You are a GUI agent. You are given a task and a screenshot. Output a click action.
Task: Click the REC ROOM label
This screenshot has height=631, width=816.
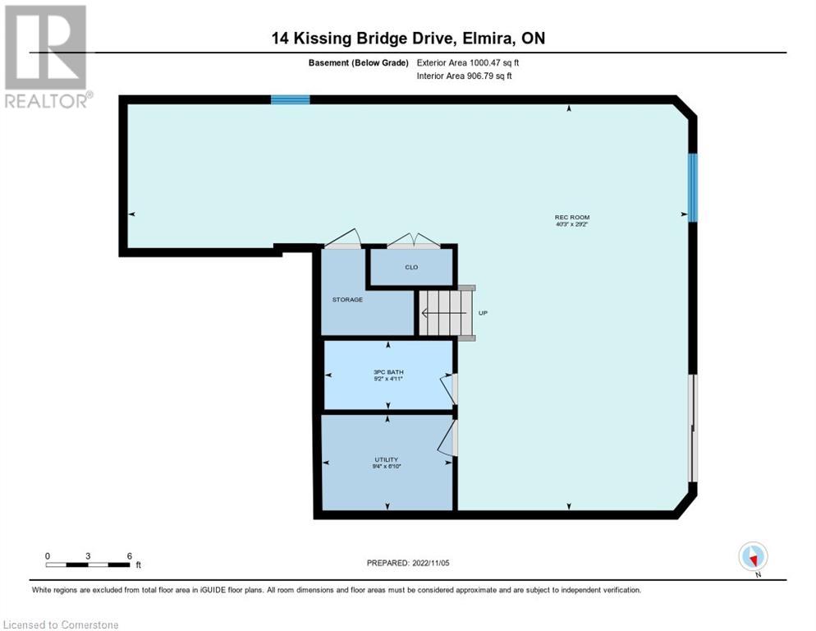pos(571,218)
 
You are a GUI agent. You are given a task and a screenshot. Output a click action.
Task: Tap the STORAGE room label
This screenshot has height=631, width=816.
pos(347,300)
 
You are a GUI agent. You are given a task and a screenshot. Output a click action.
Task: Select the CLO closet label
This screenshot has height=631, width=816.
pos(411,267)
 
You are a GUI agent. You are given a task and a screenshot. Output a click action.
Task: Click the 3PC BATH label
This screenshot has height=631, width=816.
pos(388,372)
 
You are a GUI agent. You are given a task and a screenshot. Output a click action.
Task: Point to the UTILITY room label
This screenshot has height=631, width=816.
pos(387,460)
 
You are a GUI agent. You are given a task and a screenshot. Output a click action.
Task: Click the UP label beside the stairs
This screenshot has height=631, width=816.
pos(483,313)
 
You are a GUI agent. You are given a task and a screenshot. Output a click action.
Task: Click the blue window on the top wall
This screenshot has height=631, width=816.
pos(291,99)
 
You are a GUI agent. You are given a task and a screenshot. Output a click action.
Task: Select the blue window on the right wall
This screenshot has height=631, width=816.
pos(693,187)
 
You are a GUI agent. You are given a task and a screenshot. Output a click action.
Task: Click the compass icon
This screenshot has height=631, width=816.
pos(753,556)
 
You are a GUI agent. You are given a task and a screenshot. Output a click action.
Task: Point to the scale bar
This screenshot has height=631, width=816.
pos(88,564)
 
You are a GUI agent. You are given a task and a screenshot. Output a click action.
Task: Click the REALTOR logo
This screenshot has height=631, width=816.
pos(46,57)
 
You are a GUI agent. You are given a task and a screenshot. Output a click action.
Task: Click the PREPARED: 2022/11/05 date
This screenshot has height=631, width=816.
pos(408,563)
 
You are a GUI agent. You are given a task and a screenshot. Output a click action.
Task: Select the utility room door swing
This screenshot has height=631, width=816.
pos(447,435)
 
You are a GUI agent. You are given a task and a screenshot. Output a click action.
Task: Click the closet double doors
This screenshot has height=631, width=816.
pos(414,241)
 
